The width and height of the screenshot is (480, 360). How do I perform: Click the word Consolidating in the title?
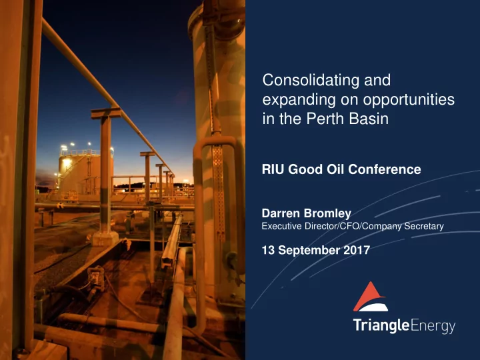(x=311, y=80)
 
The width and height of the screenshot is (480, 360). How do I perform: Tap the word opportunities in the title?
(x=409, y=101)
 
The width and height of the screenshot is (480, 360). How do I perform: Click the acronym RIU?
(x=273, y=169)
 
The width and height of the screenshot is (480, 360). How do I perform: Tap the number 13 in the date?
(x=268, y=251)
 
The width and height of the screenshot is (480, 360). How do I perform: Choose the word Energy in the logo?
(x=433, y=326)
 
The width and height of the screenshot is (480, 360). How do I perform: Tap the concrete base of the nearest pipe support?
(x=105, y=239)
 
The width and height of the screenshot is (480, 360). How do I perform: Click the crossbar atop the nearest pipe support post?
(x=106, y=113)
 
